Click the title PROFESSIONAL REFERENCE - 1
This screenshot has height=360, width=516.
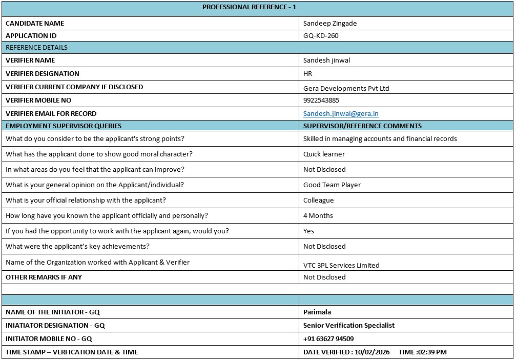tap(249, 7)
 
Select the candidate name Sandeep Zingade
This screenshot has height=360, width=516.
tap(329, 24)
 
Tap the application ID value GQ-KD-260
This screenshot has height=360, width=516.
tap(321, 36)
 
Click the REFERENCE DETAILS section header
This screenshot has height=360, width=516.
tap(36, 48)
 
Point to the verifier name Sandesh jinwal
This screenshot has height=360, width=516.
tap(326, 61)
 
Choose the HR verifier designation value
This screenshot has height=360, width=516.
tap(307, 74)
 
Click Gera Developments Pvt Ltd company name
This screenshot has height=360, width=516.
tap(346, 88)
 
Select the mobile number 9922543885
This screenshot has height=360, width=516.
tap(321, 101)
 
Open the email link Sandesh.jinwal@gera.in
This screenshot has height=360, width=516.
tap(340, 114)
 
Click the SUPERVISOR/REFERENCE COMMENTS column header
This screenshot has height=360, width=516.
tap(362, 126)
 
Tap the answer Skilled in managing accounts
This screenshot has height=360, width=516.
tap(380, 139)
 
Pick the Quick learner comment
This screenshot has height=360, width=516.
tap(324, 154)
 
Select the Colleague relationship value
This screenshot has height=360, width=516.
tap(318, 201)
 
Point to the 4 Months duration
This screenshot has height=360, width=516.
tap(318, 216)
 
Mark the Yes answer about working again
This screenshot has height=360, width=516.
tap(308, 231)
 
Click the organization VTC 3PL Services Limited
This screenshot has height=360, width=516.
tap(341, 266)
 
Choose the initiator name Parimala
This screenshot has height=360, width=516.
tap(317, 312)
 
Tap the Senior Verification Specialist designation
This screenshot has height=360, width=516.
tap(348, 326)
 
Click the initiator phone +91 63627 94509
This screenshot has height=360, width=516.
tap(328, 339)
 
